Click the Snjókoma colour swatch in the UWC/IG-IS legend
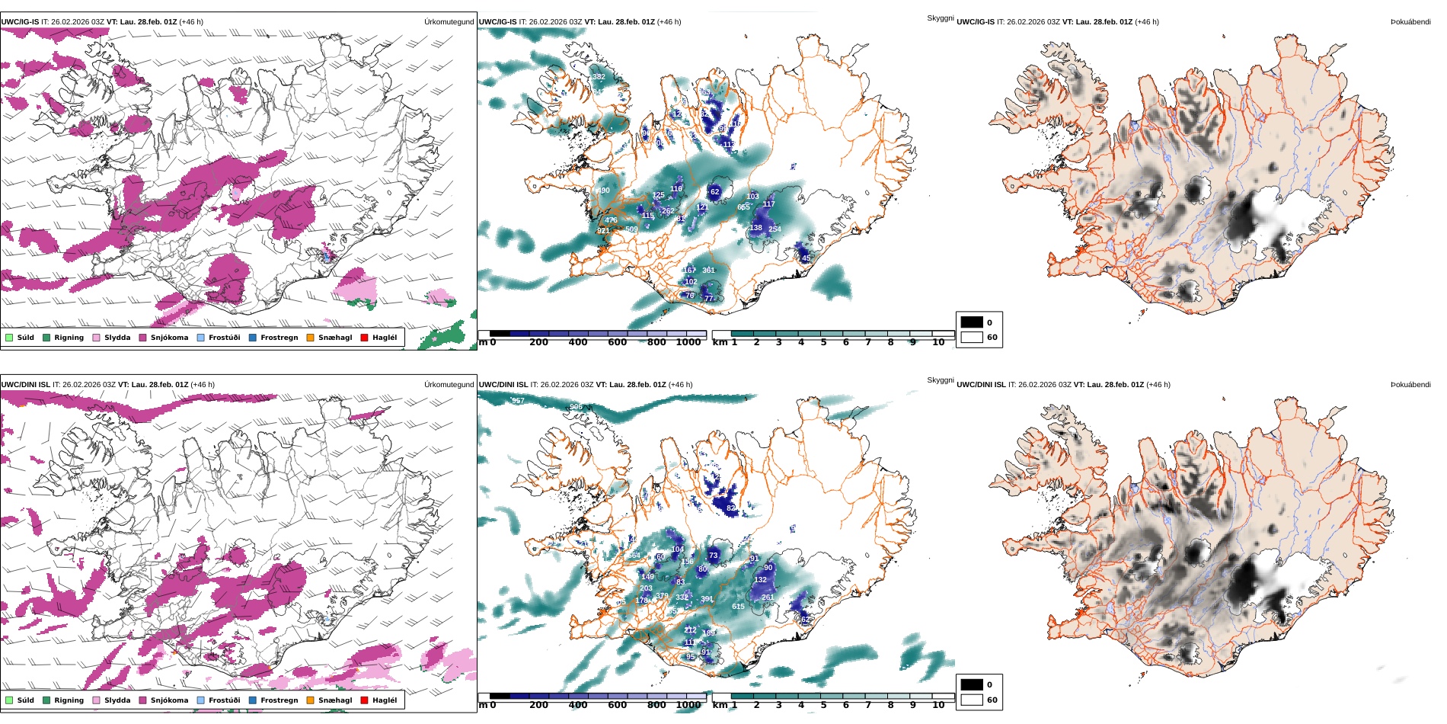(142, 338)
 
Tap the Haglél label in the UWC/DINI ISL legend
(385, 700)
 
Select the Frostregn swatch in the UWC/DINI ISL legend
(253, 700)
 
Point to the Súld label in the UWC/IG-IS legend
(26, 338)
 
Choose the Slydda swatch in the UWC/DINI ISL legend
(96, 700)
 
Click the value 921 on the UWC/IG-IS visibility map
(603, 231)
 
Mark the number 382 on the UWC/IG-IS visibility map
(599, 77)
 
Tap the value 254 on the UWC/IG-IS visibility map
(775, 229)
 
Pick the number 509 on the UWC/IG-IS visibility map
(631, 229)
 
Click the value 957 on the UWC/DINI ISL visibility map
(518, 401)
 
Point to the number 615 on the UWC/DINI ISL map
(738, 607)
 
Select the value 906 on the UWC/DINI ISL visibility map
(576, 407)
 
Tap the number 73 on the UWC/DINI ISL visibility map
(714, 556)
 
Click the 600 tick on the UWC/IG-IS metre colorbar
(618, 342)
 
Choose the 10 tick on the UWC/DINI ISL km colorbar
(938, 705)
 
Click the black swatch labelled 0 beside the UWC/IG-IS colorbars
(972, 322)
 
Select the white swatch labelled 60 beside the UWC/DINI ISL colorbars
(972, 700)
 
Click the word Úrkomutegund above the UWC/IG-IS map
(449, 22)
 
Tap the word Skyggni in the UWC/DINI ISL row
(940, 380)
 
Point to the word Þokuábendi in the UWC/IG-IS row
(1410, 22)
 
